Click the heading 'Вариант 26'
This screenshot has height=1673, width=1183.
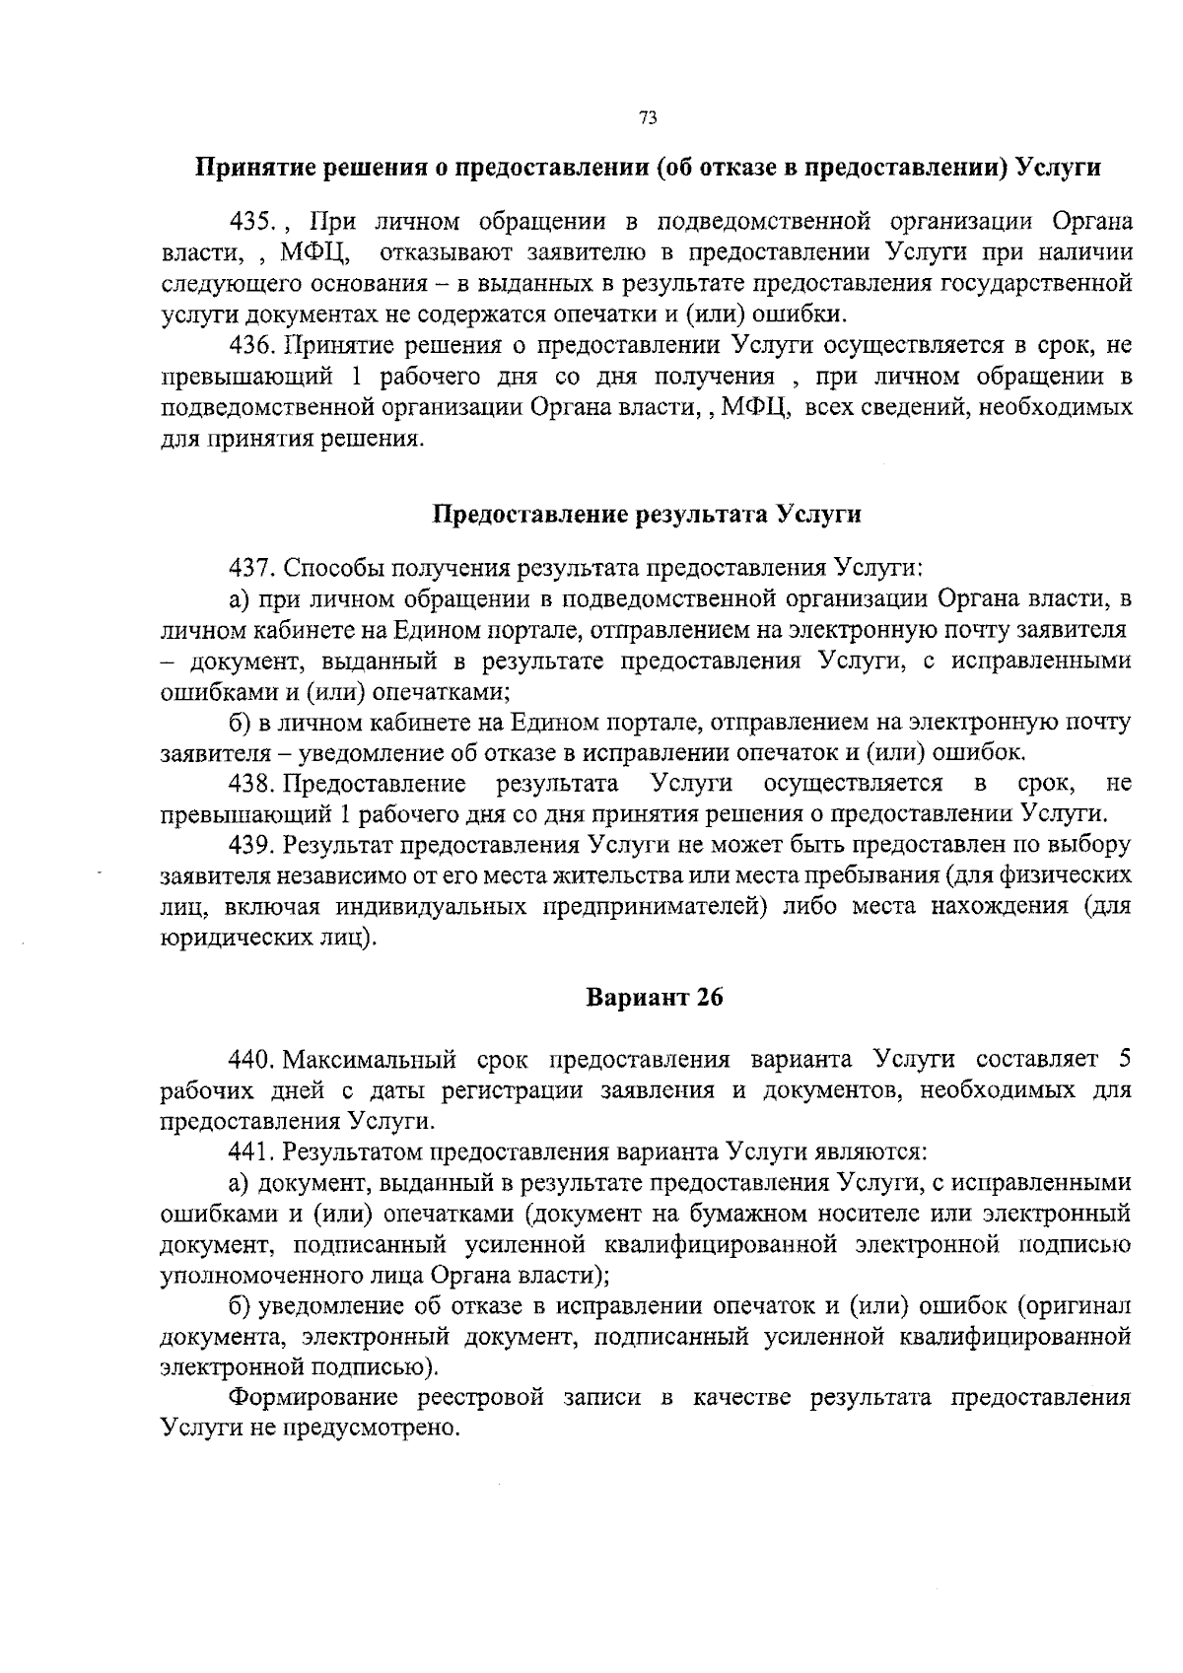pos(655,998)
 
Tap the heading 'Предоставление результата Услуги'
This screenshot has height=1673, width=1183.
pos(648,515)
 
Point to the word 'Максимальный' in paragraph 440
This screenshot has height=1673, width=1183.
pos(371,1060)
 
